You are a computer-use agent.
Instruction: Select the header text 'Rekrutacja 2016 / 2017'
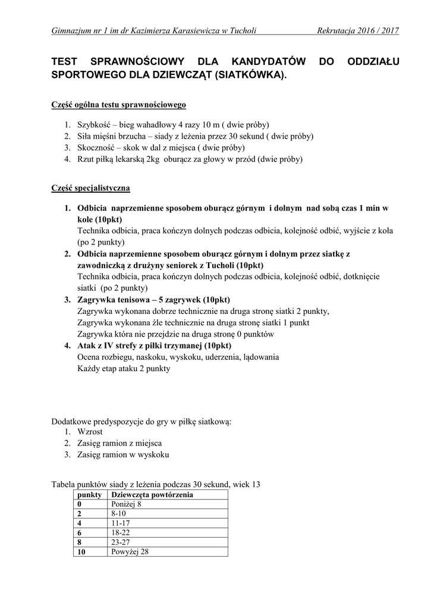(x=358, y=30)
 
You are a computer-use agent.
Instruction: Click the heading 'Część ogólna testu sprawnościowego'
(x=119, y=105)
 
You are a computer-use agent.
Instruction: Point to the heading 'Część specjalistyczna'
(x=91, y=188)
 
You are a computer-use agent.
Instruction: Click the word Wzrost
(x=90, y=432)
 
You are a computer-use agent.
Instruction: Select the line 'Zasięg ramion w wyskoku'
(x=123, y=454)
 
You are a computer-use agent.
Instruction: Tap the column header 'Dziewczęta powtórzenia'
(x=152, y=495)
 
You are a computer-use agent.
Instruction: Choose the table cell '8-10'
(x=119, y=513)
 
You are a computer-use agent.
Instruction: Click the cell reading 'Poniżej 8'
(x=126, y=504)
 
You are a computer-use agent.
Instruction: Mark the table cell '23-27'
(x=121, y=542)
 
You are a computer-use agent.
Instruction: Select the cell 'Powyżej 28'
(x=130, y=551)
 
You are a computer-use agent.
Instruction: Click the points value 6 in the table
(x=79, y=532)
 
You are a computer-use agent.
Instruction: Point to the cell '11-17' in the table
(x=121, y=523)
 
